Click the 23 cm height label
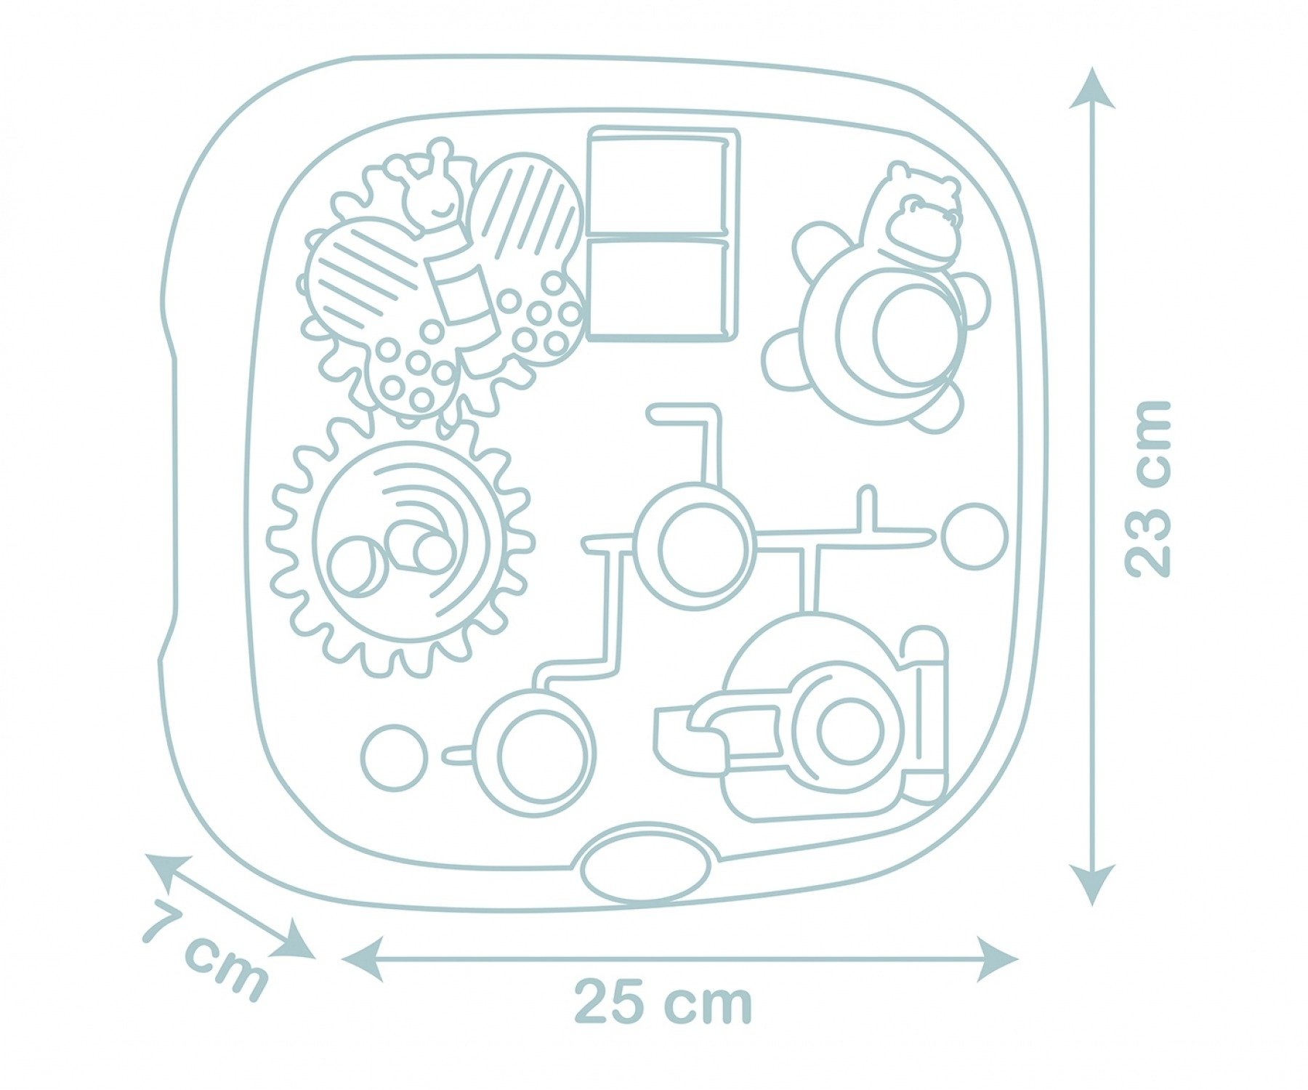tap(1149, 488)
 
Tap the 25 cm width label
tap(663, 1003)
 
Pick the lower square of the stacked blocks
tap(658, 289)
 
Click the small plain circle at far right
tap(974, 536)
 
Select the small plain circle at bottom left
tap(395, 757)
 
